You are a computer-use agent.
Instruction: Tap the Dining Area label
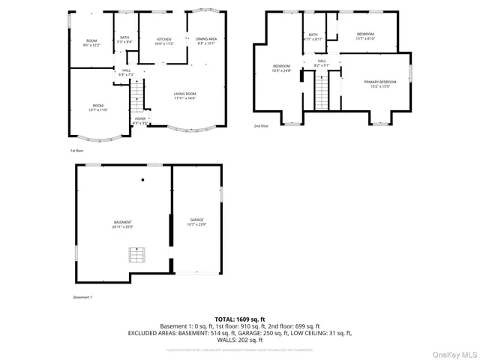pyautogui.click(x=206, y=40)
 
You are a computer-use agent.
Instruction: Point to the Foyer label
pyautogui.click(x=140, y=120)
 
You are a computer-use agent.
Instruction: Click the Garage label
pyautogui.click(x=196, y=222)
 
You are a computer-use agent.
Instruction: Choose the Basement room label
pyautogui.click(x=123, y=224)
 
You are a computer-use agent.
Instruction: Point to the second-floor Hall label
pyautogui.click(x=321, y=63)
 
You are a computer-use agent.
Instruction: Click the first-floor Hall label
pyautogui.click(x=126, y=73)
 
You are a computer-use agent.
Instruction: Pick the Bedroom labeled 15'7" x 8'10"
pyautogui.click(x=365, y=36)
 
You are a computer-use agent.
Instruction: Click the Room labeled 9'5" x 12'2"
pyautogui.click(x=91, y=43)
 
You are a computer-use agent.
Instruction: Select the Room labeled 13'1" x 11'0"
pyautogui.click(x=99, y=107)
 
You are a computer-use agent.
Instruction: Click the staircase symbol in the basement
pyautogui.click(x=136, y=257)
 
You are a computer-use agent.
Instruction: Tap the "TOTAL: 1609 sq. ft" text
pyautogui.click(x=241, y=318)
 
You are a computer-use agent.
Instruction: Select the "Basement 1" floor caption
pyautogui.click(x=82, y=298)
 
